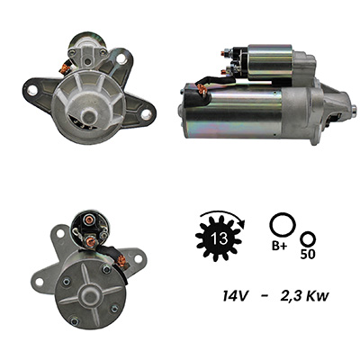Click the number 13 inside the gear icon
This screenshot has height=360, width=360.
pyautogui.click(x=219, y=238)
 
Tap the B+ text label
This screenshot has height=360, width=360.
pyautogui.click(x=279, y=247)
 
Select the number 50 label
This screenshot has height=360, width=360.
pyautogui.click(x=308, y=255)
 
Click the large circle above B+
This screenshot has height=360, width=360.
pyautogui.click(x=283, y=225)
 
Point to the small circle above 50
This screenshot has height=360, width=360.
pyautogui.click(x=309, y=239)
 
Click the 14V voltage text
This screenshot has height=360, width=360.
pyautogui.click(x=235, y=296)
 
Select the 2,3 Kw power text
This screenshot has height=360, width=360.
pyautogui.click(x=304, y=297)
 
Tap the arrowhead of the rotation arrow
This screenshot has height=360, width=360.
pyautogui.click(x=242, y=223)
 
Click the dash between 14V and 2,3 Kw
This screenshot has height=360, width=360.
pyautogui.click(x=265, y=296)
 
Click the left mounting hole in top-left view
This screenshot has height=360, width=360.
pyautogui.click(x=32, y=90)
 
